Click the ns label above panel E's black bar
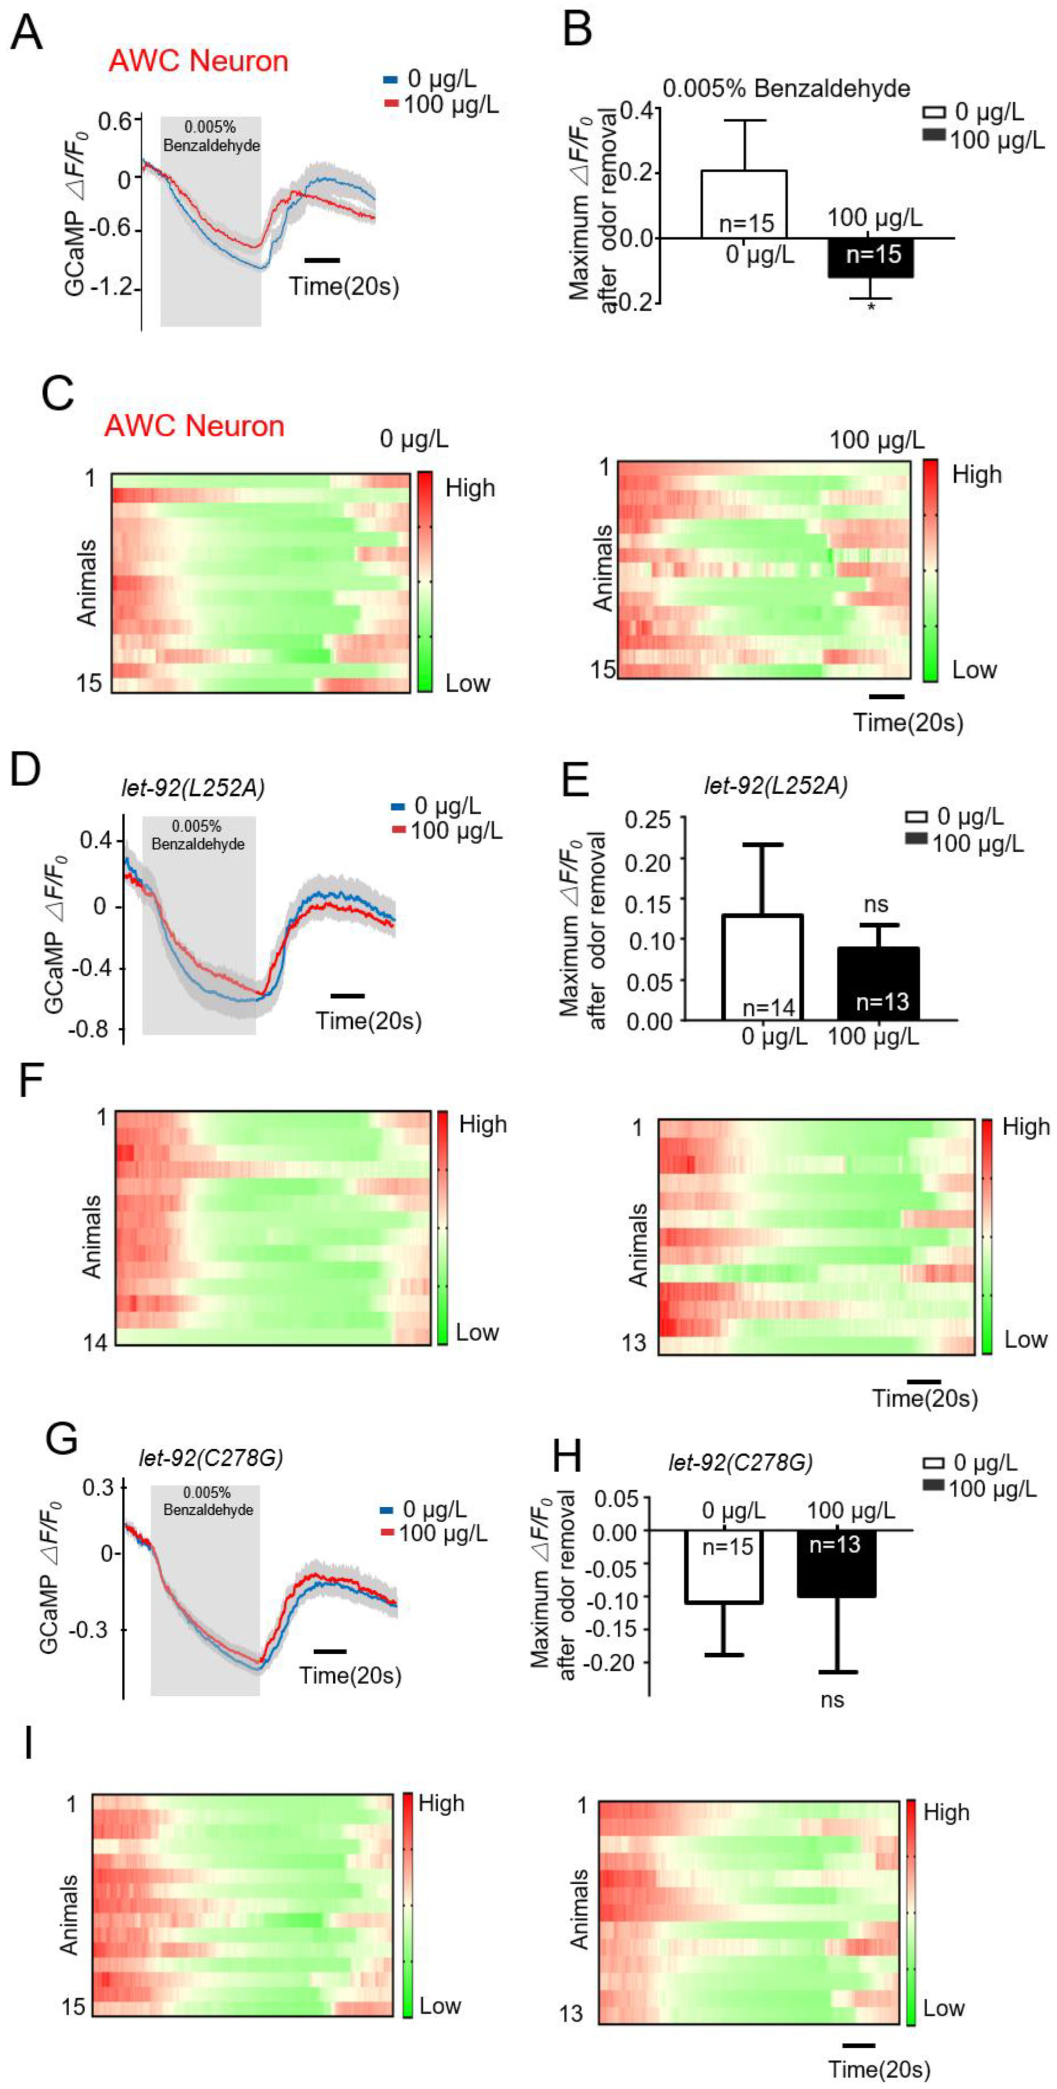(876, 904)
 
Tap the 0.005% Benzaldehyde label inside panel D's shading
(198, 835)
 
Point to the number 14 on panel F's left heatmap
(96, 1342)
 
